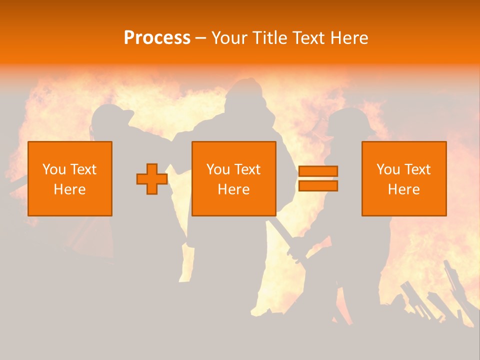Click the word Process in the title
[x=157, y=38]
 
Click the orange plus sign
[x=152, y=179]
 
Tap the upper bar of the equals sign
[x=318, y=171]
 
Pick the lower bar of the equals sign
[x=318, y=185]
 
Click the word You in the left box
[x=53, y=169]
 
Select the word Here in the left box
[x=69, y=189]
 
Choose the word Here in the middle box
[x=233, y=189]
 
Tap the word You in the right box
[x=388, y=169]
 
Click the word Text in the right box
[x=417, y=169]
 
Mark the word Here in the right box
[x=403, y=189]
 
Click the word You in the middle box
[x=218, y=169]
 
